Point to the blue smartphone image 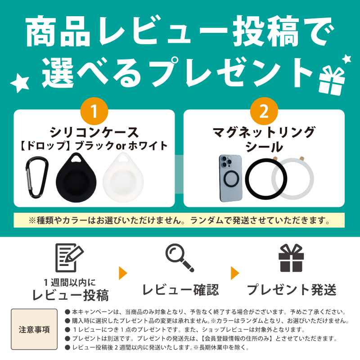[231, 178]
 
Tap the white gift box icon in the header [331, 81]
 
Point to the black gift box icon [291, 258]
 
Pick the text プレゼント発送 [292, 289]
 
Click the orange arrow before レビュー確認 [123, 273]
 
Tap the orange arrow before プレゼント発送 [235, 273]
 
